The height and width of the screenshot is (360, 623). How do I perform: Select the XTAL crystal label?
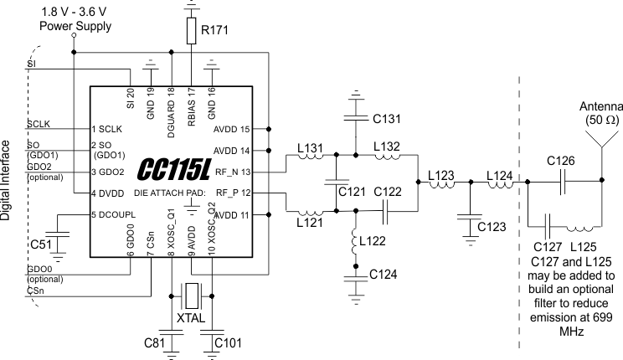(x=192, y=319)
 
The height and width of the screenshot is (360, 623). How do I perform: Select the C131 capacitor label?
(x=389, y=116)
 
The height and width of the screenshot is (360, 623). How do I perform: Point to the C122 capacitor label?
(x=389, y=192)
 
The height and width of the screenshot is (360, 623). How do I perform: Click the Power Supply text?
(x=69, y=27)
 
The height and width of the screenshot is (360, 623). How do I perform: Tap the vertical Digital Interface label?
(x=7, y=179)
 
